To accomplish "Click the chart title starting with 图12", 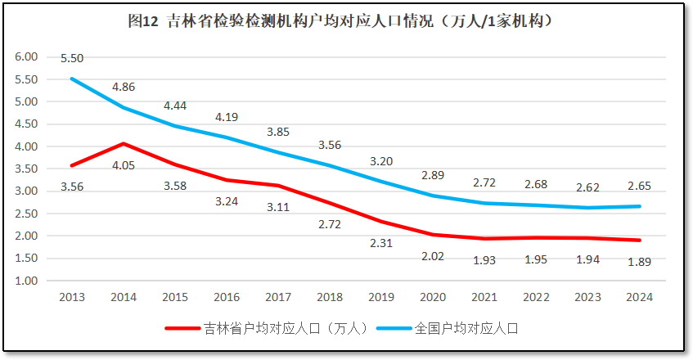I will point(346,22).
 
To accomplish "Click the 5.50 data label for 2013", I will point(72,58).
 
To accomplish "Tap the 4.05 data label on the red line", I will point(124,164).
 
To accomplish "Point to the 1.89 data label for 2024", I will point(640,262).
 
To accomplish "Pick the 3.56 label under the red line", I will point(72,187).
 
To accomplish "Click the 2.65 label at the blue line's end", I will point(640,185).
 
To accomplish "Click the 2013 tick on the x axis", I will point(72,297).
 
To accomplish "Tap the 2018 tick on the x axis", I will point(330,297).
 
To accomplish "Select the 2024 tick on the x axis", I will point(640,297).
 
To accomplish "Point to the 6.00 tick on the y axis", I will point(27,57).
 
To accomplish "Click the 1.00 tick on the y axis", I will point(27,281).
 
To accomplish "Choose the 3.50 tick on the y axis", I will point(27,169).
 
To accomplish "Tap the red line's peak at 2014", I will point(124,144).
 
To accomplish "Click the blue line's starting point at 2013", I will point(72,79).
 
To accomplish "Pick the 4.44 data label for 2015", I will point(175,106).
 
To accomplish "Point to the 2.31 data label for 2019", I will point(382,243).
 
